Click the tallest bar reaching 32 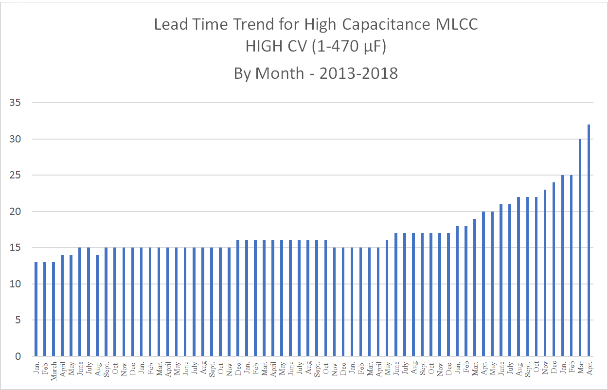coord(589,240)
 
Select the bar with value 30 coord(580,248)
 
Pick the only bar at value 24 coord(554,269)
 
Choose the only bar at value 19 coord(475,287)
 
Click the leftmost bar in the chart coord(36,309)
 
